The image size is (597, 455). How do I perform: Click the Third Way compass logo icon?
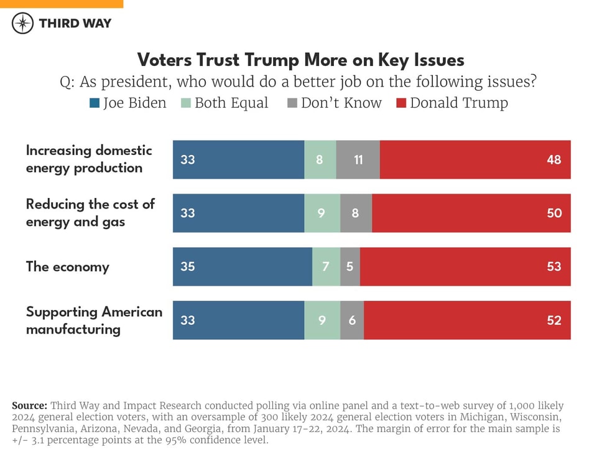tap(23, 23)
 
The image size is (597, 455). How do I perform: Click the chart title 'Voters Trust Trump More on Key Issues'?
tap(300, 60)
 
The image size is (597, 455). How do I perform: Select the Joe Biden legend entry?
tap(128, 103)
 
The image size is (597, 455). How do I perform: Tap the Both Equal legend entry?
tap(224, 103)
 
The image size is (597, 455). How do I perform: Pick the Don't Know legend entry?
tap(335, 103)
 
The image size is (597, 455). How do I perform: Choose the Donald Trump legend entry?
tap(452, 103)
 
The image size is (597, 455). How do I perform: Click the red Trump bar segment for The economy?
tap(465, 266)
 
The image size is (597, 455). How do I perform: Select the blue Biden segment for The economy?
tap(242, 266)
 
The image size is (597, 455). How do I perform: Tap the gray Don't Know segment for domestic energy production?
tap(358, 159)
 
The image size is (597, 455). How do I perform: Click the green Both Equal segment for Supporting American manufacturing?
tap(322, 320)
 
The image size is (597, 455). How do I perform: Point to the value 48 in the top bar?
tap(553, 159)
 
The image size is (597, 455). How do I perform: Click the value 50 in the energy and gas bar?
tap(553, 213)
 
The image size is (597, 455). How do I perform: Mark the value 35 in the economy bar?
tap(187, 266)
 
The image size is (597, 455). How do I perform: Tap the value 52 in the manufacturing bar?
tap(553, 320)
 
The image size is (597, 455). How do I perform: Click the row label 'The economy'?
tap(67, 266)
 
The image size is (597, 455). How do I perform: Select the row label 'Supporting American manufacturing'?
tap(93, 320)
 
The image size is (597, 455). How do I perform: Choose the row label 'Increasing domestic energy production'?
tap(88, 159)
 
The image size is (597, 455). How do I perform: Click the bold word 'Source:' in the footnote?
tap(29, 405)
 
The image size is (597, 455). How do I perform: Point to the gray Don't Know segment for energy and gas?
tap(356, 213)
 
